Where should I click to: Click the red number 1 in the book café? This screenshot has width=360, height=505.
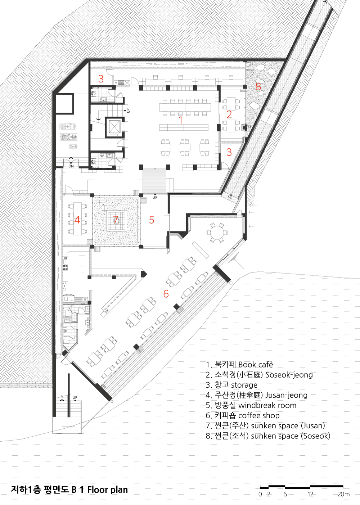(x=181, y=120)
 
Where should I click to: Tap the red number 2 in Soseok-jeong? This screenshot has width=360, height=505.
(x=229, y=114)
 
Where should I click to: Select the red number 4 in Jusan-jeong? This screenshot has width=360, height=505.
(x=77, y=220)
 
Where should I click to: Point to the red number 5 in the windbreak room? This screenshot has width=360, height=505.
(x=152, y=220)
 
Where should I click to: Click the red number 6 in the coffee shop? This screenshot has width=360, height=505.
(x=166, y=293)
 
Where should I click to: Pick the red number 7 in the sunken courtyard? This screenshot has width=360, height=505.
(x=116, y=220)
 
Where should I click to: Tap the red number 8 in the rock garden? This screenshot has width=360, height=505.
(x=258, y=86)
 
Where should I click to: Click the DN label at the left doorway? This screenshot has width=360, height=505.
(x=71, y=166)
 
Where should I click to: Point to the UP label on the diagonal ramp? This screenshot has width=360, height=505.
(x=230, y=197)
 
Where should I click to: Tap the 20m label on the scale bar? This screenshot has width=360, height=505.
(x=343, y=494)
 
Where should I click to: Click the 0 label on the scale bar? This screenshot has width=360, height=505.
(x=260, y=494)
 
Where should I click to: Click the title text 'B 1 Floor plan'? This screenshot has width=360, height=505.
(x=100, y=490)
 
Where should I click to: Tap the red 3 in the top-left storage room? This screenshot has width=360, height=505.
(x=101, y=79)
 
